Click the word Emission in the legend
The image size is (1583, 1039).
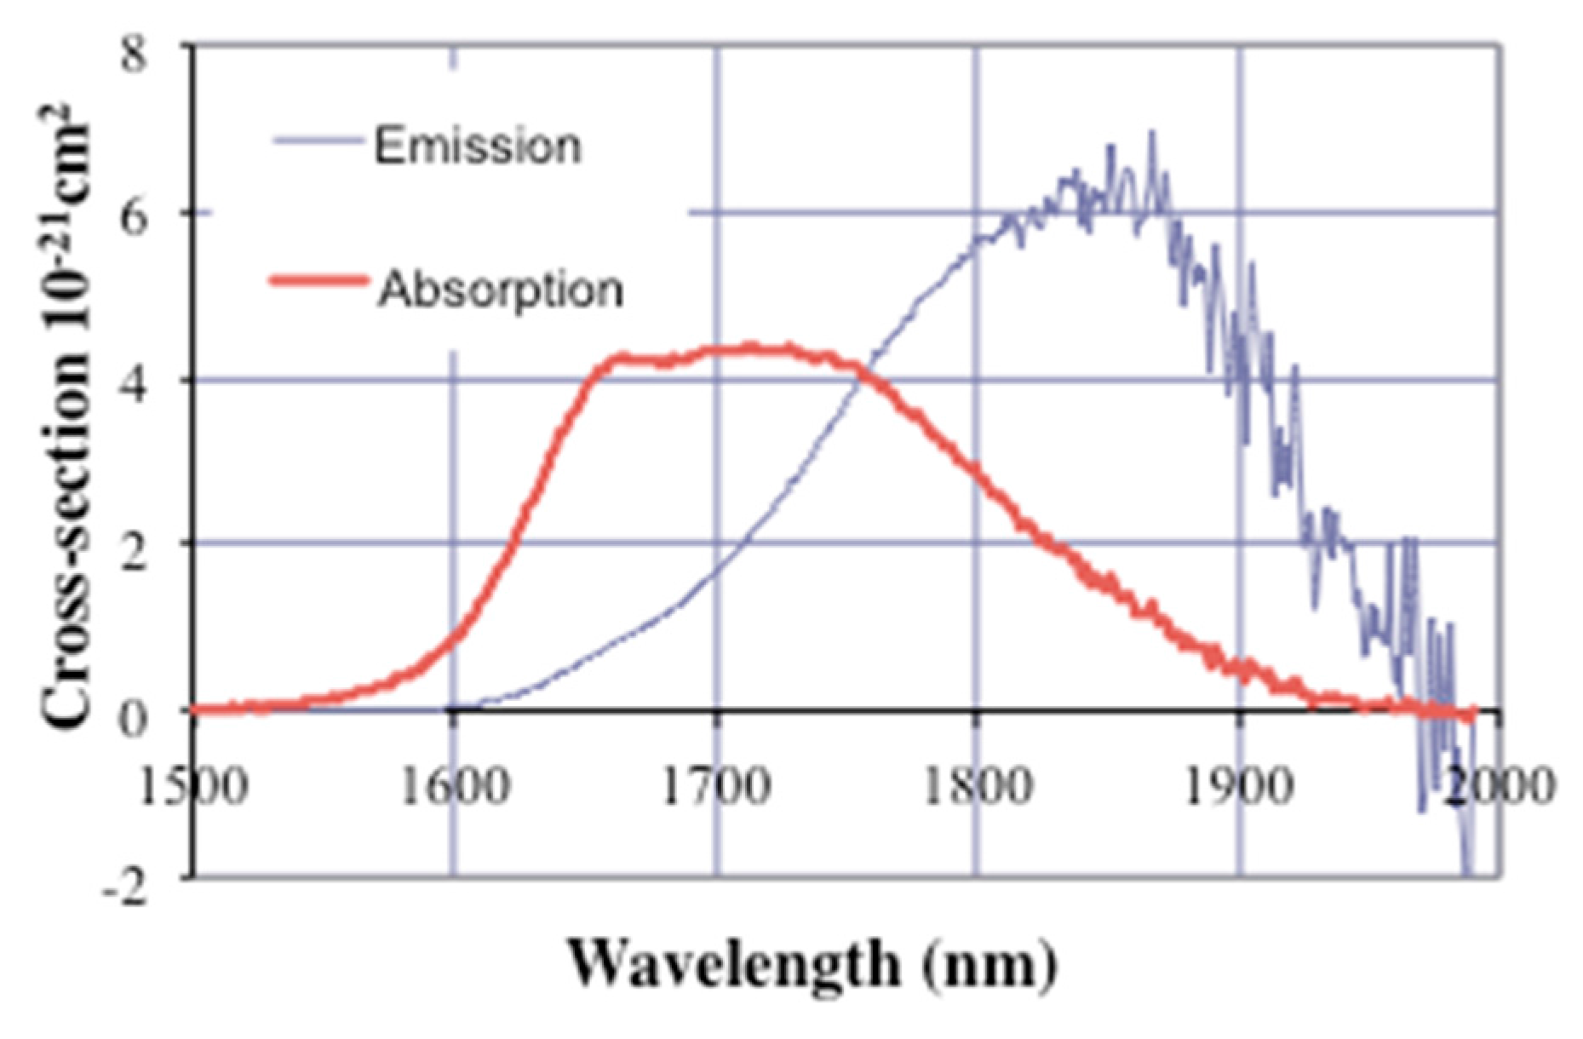click(x=478, y=146)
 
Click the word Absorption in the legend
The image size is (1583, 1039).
click(x=501, y=290)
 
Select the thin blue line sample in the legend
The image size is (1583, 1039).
click(x=317, y=141)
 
